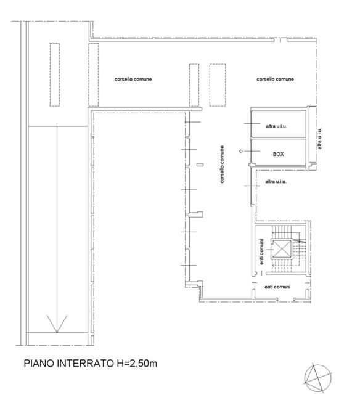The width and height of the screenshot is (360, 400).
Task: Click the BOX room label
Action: pyautogui.click(x=278, y=154)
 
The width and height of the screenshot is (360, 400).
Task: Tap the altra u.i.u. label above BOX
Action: pyautogui.click(x=276, y=126)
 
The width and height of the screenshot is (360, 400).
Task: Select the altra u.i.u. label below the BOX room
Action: pyautogui.click(x=276, y=182)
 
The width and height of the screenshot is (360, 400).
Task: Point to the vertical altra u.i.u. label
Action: pyautogui.click(x=319, y=139)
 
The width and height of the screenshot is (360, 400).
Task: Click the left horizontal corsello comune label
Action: pyautogui.click(x=133, y=79)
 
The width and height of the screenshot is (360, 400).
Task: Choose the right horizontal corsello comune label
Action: pyautogui.click(x=275, y=79)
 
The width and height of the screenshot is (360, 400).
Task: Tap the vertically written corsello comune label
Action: pyautogui.click(x=222, y=165)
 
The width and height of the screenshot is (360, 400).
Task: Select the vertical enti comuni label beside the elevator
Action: pyautogui.click(x=261, y=251)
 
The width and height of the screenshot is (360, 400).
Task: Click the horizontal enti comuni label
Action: pyautogui.click(x=277, y=287)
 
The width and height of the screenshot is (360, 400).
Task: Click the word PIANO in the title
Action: pyautogui.click(x=39, y=363)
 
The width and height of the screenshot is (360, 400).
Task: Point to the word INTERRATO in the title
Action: pyautogui.click(x=86, y=363)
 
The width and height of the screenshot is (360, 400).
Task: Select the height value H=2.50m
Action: pyautogui.click(x=137, y=363)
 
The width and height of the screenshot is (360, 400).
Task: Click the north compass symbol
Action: pyautogui.click(x=317, y=378)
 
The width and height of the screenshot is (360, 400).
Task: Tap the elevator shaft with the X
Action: pyautogui.click(x=281, y=248)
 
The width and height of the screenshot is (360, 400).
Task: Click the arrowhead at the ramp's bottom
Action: pyautogui.click(x=57, y=324)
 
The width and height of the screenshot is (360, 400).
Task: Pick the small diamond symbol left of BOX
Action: pyautogui.click(x=240, y=151)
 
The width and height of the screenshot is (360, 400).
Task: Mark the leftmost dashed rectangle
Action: pyautogui.click(x=55, y=75)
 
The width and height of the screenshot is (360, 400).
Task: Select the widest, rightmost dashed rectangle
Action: pyautogui.click(x=218, y=85)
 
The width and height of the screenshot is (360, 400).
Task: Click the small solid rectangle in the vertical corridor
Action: pyautogui.click(x=200, y=165)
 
